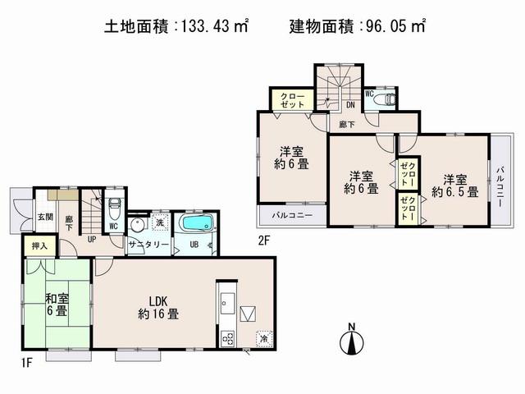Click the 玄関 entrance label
click(45, 218)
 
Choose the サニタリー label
click(148, 245)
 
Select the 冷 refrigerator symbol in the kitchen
click(264, 337)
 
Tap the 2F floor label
click(264, 240)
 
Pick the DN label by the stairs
click(349, 105)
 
